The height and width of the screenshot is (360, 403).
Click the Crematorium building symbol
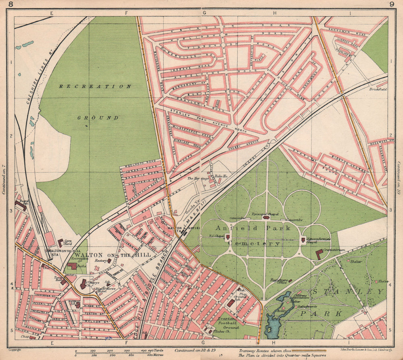pos(319,254)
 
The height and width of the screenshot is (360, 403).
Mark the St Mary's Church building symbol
pos(83,284)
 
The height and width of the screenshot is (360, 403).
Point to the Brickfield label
pos(378,89)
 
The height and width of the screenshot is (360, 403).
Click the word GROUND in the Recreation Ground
pos(99,118)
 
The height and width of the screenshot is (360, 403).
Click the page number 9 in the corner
pos(392,4)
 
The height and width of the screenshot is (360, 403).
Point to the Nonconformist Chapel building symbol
pos(303,240)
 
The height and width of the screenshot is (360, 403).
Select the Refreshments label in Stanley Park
pos(307,306)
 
